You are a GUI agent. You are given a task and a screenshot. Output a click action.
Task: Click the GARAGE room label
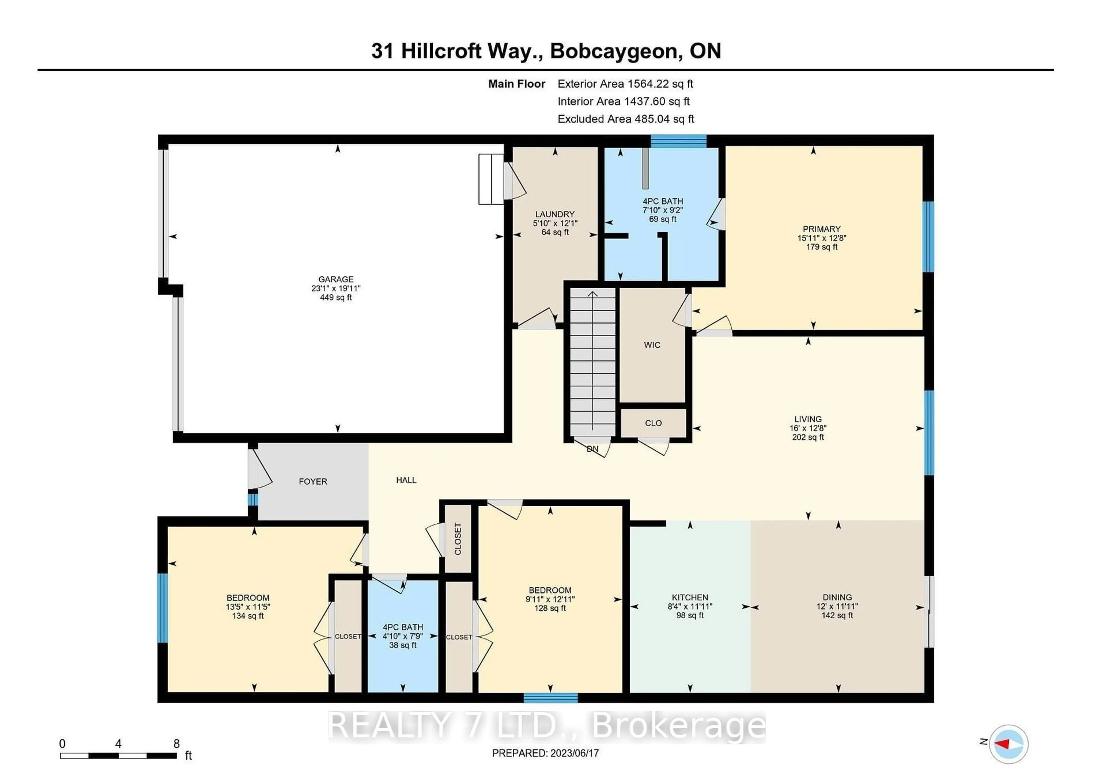pyautogui.click(x=336, y=279)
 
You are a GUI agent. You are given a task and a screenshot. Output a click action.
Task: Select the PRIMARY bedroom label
pyautogui.click(x=821, y=229)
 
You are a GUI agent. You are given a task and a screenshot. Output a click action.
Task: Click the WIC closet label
pyautogui.click(x=652, y=345)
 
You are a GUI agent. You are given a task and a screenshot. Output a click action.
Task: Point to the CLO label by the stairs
pyautogui.click(x=653, y=423)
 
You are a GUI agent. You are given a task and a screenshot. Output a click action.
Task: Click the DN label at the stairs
pyautogui.click(x=592, y=449)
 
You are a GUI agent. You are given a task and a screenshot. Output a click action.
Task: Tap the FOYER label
pyautogui.click(x=313, y=482)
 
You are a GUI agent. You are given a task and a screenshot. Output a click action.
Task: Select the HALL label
pyautogui.click(x=406, y=480)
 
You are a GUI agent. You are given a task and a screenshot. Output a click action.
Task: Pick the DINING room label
pyautogui.click(x=837, y=597)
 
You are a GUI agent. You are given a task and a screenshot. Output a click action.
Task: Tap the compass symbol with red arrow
pyautogui.click(x=1008, y=744)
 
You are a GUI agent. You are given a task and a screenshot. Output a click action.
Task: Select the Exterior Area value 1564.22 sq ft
pyautogui.click(x=660, y=84)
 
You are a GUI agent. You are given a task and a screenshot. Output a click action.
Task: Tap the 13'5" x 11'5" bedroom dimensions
pyautogui.click(x=248, y=607)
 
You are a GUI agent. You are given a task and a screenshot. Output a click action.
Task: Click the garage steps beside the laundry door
pyautogui.click(x=491, y=179)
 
